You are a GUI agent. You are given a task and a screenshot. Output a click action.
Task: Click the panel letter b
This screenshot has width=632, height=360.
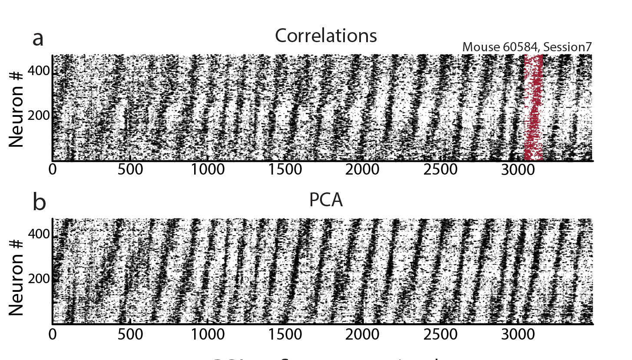39,202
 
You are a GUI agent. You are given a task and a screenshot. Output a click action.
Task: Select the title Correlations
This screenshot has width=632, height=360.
326,36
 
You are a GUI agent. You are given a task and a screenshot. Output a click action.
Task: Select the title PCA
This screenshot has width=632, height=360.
326,199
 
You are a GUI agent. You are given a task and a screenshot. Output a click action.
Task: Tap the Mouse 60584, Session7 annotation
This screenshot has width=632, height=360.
526,47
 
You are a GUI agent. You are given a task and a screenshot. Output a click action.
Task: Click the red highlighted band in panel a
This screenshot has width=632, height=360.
533,109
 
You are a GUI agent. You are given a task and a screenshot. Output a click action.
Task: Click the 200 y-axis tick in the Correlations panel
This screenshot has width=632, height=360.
40,116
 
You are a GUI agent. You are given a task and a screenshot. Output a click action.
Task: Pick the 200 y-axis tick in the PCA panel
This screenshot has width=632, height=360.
40,279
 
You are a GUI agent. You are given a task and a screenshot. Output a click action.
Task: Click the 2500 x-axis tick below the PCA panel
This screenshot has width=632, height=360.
439,334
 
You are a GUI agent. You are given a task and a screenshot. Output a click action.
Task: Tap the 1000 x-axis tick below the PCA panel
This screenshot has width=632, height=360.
207,334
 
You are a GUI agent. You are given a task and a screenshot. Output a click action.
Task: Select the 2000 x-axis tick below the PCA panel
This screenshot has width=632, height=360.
362,334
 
